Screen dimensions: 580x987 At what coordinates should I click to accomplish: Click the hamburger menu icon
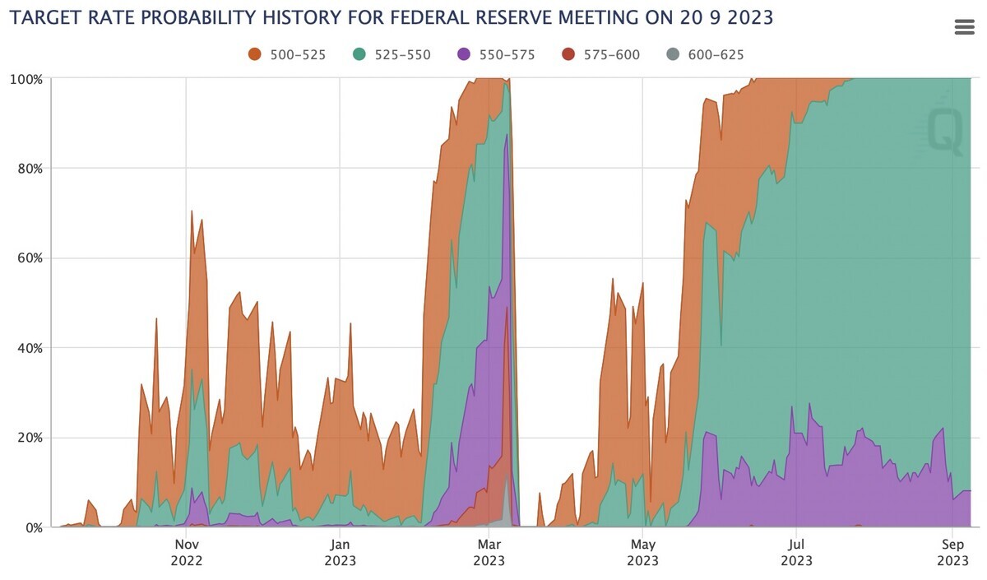(964, 27)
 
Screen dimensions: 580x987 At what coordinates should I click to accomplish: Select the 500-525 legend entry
(288, 55)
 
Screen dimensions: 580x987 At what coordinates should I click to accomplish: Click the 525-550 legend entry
(392, 55)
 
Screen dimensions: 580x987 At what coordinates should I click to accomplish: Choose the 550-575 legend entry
(496, 55)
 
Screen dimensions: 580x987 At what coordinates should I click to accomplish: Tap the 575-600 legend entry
(600, 55)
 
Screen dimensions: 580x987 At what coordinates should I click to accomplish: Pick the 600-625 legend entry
(705, 55)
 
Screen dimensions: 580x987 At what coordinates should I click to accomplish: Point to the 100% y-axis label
(25, 79)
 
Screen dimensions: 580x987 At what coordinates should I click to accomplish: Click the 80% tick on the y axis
(29, 169)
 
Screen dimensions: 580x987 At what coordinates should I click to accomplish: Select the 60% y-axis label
(29, 258)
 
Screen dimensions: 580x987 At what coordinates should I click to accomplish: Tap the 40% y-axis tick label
(29, 348)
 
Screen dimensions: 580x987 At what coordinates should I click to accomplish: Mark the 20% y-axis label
(29, 438)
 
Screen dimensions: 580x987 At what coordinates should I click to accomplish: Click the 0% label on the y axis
(32, 527)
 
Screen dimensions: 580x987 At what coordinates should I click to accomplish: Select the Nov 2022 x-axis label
(187, 553)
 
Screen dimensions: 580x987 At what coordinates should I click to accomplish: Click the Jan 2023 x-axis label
(340, 553)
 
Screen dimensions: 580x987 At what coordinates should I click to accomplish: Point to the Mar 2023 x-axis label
(489, 553)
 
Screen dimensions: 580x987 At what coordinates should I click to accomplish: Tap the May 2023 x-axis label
(642, 553)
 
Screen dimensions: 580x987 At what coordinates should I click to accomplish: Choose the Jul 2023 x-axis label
(795, 553)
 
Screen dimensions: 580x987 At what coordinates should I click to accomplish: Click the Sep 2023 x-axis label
(952, 553)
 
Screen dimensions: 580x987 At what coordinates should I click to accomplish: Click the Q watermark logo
(944, 132)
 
